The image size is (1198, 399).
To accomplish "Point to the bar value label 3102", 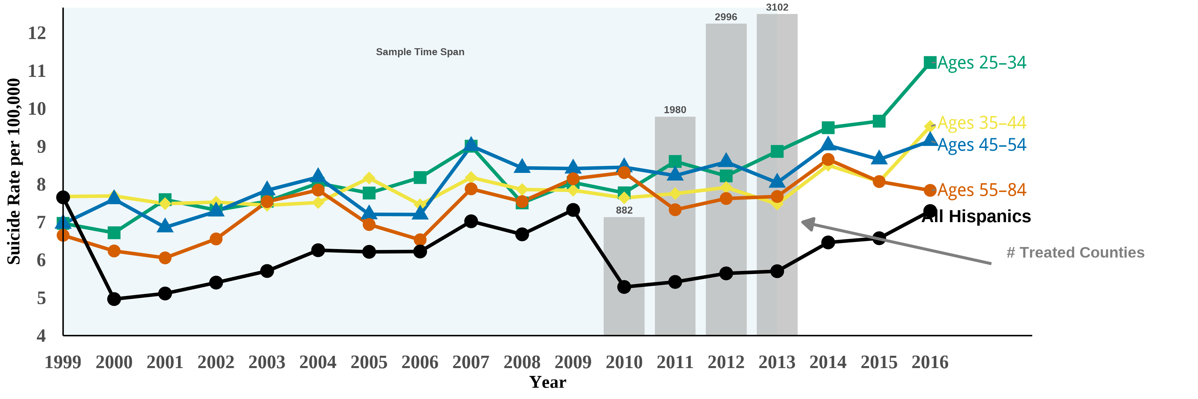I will [x=777, y=7].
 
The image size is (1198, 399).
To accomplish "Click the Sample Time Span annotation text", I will [x=420, y=52].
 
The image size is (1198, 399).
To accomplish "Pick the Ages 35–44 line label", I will [x=981, y=123].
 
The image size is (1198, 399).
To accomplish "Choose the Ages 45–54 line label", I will [x=981, y=145].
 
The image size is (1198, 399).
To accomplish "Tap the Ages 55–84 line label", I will [x=981, y=190].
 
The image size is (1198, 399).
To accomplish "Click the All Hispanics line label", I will [x=977, y=216].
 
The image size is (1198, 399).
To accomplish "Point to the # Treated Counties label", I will [x=1075, y=253].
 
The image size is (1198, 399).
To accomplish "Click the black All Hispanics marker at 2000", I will [x=114, y=299].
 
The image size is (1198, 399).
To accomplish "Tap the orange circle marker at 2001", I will [x=165, y=258].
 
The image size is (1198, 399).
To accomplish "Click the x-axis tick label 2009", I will [x=573, y=362].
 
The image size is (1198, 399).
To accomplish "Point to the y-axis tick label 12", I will [x=37, y=33].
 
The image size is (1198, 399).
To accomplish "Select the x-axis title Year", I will [x=548, y=382].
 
